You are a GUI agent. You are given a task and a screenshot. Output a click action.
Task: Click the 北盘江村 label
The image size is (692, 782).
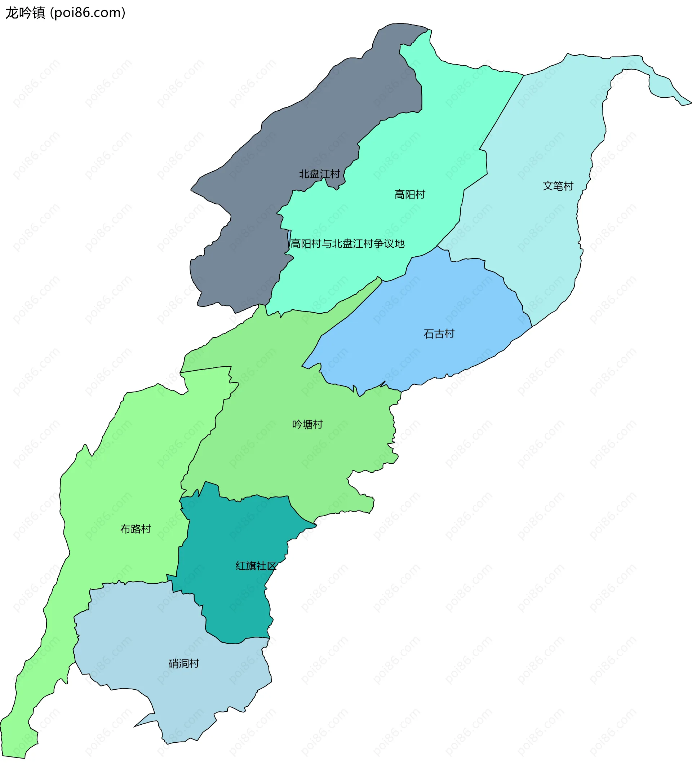click(x=319, y=174)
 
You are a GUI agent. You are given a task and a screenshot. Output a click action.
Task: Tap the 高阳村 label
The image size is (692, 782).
click(x=410, y=195)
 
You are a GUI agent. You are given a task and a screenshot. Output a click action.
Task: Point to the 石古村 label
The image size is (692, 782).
click(x=439, y=334)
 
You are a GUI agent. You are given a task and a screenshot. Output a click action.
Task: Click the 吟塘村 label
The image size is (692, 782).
click(x=307, y=424)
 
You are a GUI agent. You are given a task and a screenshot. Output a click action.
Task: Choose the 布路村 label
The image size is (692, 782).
click(x=136, y=529)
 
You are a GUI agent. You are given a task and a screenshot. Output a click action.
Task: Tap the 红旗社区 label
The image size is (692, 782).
click(x=256, y=566)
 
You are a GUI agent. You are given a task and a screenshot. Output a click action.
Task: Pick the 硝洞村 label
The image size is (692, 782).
click(x=183, y=663)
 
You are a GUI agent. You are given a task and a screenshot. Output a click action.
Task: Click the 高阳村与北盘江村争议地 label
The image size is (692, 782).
click(x=347, y=244)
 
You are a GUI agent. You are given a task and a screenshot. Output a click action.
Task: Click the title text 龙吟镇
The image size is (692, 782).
click(x=25, y=13)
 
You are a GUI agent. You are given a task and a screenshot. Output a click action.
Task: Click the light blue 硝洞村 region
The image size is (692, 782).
click(x=153, y=631)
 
